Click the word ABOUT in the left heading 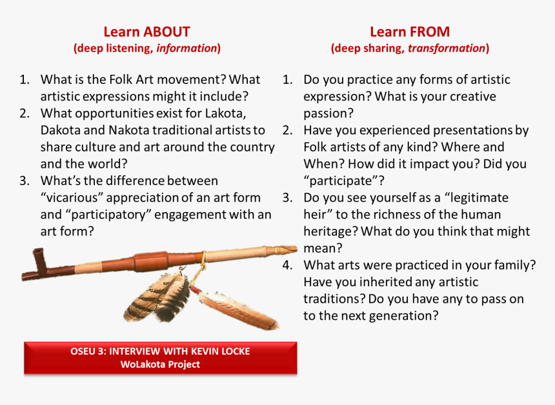pos(166,32)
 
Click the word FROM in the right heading pos(429,32)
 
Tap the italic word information pos(187,48)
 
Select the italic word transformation pos(447,48)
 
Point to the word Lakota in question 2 pos(225,114)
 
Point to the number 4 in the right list pos(287,265)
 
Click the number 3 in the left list pos(24,181)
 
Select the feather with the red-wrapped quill pos(236,308)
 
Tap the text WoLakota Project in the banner pos(160,364)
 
